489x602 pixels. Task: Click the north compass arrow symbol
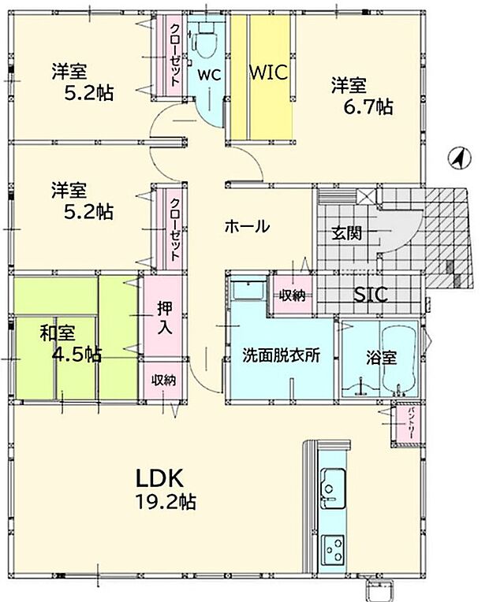[457, 159]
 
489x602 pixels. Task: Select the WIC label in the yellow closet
[269, 72]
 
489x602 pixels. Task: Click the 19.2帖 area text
[166, 500]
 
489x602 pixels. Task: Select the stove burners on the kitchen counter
[332, 548]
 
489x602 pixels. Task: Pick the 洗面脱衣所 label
[281, 355]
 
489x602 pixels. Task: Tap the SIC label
[369, 295]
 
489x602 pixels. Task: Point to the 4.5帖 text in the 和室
[76, 355]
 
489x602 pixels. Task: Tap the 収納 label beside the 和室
[164, 380]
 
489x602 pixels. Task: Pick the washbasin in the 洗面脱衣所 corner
[251, 290]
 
